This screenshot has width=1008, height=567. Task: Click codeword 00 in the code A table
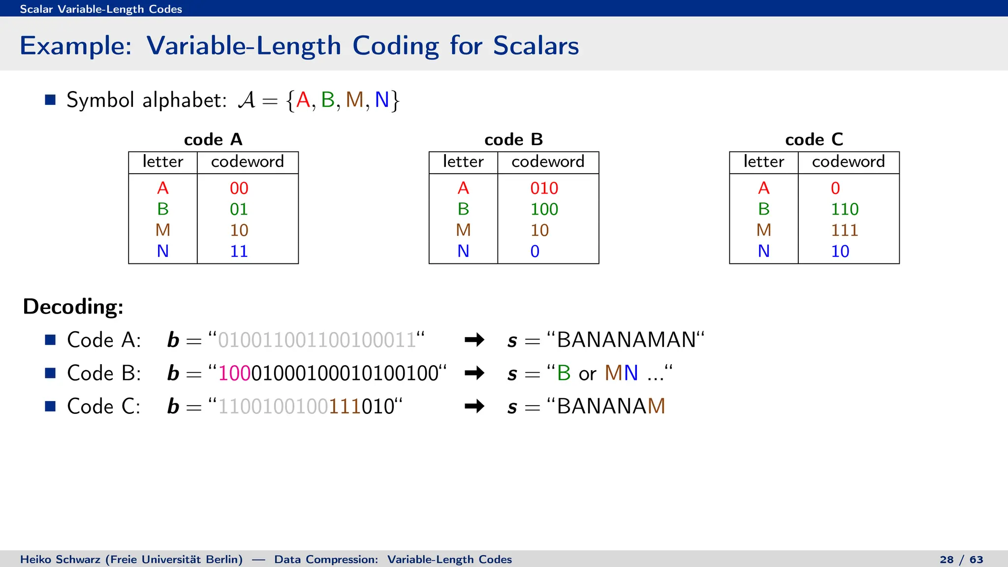[239, 188]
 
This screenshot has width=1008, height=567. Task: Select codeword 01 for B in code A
[239, 209]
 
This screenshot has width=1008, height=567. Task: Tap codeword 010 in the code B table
[544, 188]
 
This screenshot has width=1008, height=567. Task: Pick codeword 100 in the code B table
[544, 209]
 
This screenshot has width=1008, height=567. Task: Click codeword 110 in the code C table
[845, 209]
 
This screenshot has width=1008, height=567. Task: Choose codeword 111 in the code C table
[845, 230]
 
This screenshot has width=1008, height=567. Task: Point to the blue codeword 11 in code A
[239, 252]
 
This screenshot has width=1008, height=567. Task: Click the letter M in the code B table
[463, 230]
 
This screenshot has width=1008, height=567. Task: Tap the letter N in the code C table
[763, 252]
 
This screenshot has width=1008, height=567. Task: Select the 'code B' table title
[513, 140]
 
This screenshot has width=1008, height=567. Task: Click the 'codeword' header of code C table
[848, 161]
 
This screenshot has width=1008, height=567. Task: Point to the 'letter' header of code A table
[163, 161]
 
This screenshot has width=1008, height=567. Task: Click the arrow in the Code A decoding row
[474, 340]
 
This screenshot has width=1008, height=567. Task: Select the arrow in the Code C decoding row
[474, 406]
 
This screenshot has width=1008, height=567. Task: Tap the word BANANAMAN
[626, 340]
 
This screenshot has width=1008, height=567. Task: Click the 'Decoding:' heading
[73, 307]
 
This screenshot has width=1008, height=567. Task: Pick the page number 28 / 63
[961, 560]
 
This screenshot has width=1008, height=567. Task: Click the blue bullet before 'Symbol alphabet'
[50, 100]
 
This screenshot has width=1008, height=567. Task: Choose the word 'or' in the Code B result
[588, 374]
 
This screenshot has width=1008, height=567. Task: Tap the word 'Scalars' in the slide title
[535, 46]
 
